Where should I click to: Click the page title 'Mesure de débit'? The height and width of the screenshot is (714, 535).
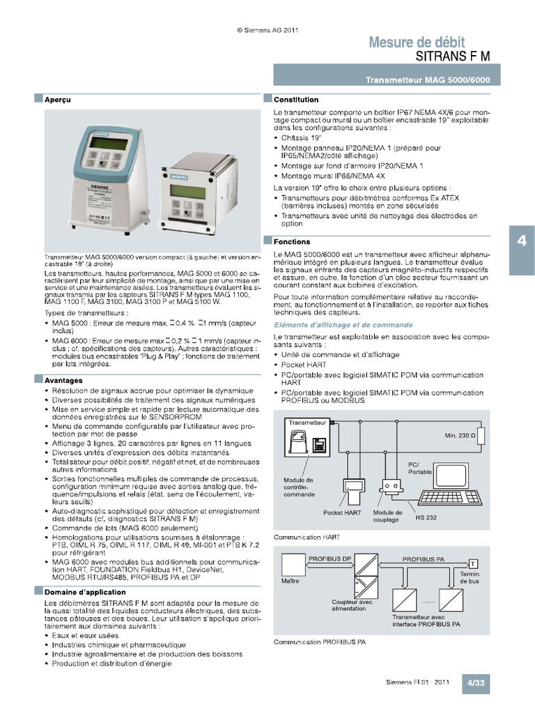[x=417, y=43]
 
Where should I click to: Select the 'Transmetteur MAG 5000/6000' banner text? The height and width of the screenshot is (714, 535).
[x=428, y=80]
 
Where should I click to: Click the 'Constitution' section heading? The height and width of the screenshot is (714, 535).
[x=296, y=100]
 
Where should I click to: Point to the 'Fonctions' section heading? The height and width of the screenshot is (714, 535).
[x=292, y=241]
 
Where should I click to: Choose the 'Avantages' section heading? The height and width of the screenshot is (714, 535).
[x=63, y=380]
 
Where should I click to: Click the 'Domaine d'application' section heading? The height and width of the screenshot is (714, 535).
[x=80, y=591]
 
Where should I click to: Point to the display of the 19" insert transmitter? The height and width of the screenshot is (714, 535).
[x=187, y=191]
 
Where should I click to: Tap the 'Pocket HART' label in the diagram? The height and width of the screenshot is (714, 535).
[x=342, y=512]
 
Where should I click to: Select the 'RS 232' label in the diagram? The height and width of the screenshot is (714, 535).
[x=426, y=517]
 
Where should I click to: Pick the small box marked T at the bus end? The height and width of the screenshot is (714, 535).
[x=473, y=563]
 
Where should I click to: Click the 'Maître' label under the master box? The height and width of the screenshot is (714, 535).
[x=290, y=580]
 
